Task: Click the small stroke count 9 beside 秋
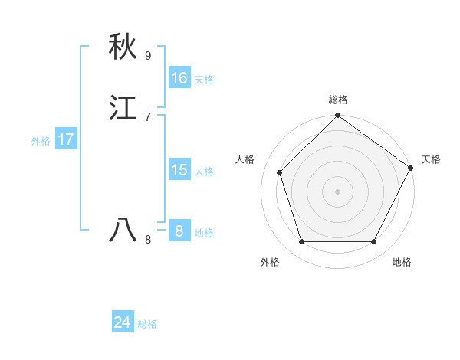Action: pyautogui.click(x=148, y=55)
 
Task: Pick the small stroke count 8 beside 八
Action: pyautogui.click(x=148, y=240)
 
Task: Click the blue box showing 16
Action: pyautogui.click(x=179, y=78)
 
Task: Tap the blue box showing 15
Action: pyautogui.click(x=179, y=170)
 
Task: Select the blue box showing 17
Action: pyautogui.click(x=66, y=139)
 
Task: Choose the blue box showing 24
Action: pyautogui.click(x=123, y=322)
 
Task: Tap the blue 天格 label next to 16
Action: pyautogui.click(x=204, y=80)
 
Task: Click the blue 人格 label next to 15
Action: pyautogui.click(x=204, y=172)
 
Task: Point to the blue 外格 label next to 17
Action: pyautogui.click(x=41, y=141)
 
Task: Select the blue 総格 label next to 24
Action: pyautogui.click(x=147, y=324)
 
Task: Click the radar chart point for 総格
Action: pyautogui.click(x=337, y=117)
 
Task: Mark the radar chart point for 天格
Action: pyautogui.click(x=411, y=168)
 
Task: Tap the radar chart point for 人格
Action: pyautogui.click(x=280, y=172)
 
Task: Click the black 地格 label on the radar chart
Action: pyautogui.click(x=402, y=263)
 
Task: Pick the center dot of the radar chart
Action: pyautogui.click(x=337, y=191)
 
